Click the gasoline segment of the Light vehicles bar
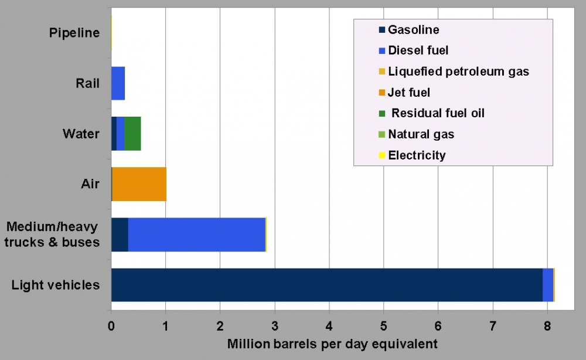click(326, 285)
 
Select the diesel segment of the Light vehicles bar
click(548, 285)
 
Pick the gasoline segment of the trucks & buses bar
click(120, 235)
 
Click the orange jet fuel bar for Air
click(139, 184)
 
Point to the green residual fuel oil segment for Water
click(132, 134)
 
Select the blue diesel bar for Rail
click(118, 83)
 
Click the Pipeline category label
click(74, 33)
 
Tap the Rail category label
click(87, 83)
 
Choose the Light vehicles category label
click(56, 286)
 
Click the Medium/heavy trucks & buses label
click(53, 234)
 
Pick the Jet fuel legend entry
click(408, 93)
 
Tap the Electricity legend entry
click(416, 155)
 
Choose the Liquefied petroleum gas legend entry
click(458, 72)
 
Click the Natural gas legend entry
click(420, 134)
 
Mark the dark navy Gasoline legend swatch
click(382, 30)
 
